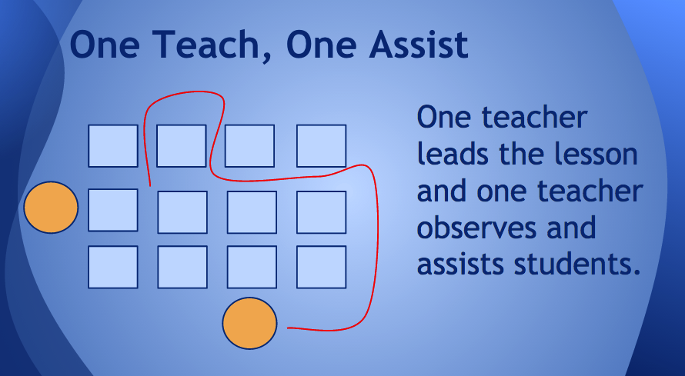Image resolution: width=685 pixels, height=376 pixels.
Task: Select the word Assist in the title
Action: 419,45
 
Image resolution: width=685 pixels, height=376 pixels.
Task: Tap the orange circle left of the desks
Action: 51,207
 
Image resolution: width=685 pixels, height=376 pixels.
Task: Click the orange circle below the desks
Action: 249,323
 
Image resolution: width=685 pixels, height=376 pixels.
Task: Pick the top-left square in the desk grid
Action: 113,145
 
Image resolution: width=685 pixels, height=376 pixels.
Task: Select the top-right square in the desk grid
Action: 321,145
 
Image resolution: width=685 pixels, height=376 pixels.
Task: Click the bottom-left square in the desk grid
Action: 113,267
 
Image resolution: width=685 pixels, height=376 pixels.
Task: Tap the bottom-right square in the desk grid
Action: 321,267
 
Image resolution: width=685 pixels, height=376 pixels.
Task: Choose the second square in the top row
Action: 182,145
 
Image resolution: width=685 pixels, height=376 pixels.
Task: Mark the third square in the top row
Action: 249,145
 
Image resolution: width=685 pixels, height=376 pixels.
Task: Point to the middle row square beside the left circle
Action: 113,210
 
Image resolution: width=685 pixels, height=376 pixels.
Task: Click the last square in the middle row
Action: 321,212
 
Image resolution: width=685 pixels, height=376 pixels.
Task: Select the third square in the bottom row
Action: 252,267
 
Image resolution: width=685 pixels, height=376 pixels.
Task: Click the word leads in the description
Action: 453,154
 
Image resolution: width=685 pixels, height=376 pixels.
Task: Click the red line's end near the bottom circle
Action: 287,328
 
